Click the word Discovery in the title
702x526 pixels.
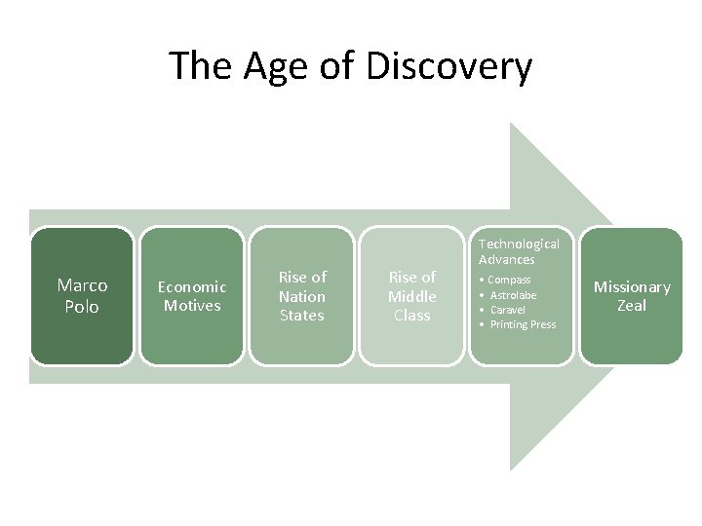[450, 66]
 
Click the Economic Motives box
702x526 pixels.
[191, 295]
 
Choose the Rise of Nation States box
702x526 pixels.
[302, 295]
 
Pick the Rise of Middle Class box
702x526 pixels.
[411, 295]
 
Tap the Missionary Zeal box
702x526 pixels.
[632, 295]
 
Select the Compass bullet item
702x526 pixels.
[510, 280]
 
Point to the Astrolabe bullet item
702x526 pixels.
[513, 294]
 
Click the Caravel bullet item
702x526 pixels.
[508, 309]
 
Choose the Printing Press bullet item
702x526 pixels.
[523, 323]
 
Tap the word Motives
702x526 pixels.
[192, 305]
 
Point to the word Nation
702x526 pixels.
[302, 296]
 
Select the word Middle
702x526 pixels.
[411, 296]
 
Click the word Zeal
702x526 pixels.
[632, 306]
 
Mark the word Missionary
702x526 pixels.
[632, 286]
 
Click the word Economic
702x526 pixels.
[192, 286]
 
